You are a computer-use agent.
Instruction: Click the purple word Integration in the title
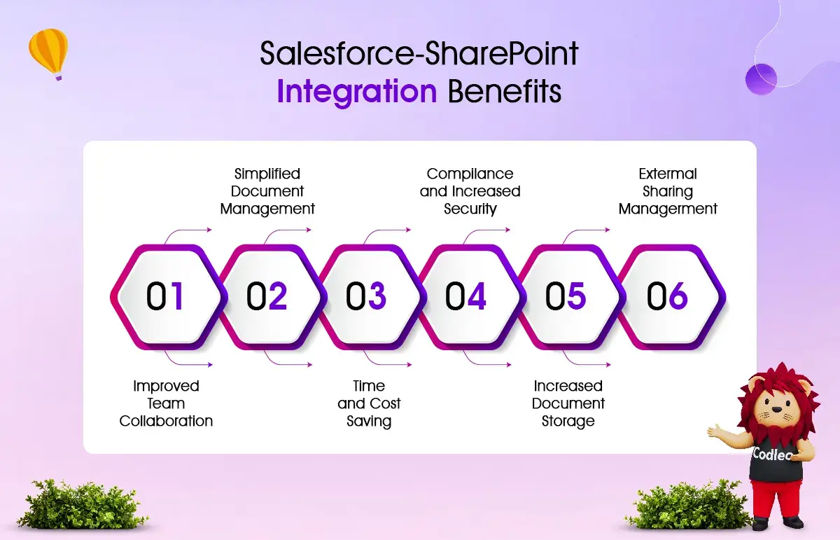(x=357, y=92)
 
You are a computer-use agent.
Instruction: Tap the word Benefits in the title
(x=505, y=91)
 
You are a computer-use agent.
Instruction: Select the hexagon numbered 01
(x=169, y=297)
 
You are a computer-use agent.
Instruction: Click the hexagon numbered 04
(x=468, y=297)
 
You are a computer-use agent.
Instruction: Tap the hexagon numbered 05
(x=568, y=297)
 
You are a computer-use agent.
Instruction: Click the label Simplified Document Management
(x=267, y=191)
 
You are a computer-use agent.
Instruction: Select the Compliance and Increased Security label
(x=470, y=191)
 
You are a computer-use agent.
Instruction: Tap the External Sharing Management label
(x=668, y=191)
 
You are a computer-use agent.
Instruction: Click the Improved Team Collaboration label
(x=166, y=403)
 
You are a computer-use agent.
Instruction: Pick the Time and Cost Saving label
(x=369, y=403)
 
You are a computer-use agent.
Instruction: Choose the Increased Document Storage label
(x=568, y=403)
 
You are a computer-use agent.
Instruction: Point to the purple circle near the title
(x=761, y=79)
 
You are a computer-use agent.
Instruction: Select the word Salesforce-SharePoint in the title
(x=419, y=53)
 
